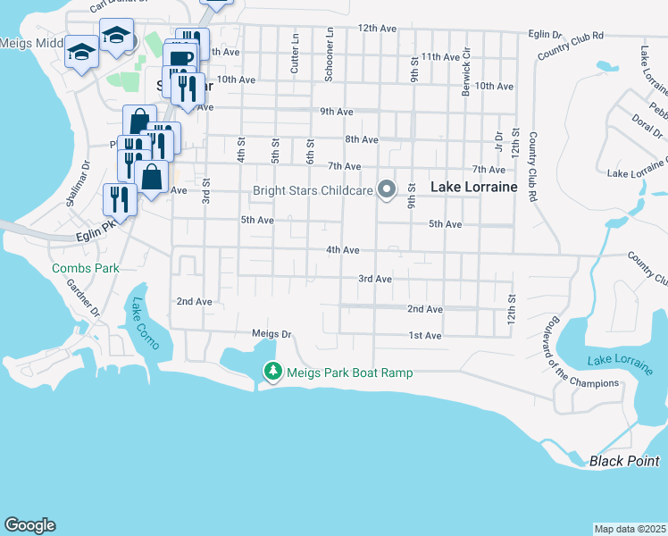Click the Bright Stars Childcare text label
coord(312,190)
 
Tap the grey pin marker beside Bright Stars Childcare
coord(387,189)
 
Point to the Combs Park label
coord(85,268)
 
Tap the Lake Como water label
coord(143,328)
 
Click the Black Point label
coord(623,461)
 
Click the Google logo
coord(29,525)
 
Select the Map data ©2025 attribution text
coord(630,529)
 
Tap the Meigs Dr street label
coord(272,334)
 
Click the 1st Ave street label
coord(425,336)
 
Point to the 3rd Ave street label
coord(375,279)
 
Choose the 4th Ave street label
coord(342,250)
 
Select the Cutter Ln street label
coord(295,55)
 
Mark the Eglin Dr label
coord(545,35)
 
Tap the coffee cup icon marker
coord(180,58)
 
